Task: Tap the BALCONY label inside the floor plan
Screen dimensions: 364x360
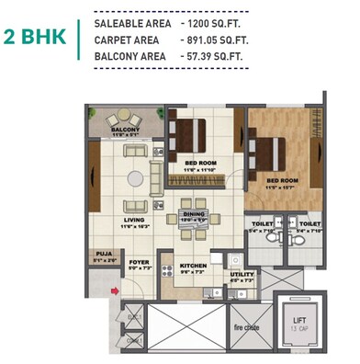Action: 127,131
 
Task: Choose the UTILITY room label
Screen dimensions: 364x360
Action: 242,274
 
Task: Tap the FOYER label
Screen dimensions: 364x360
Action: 138,262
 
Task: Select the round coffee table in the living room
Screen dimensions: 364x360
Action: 136,177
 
